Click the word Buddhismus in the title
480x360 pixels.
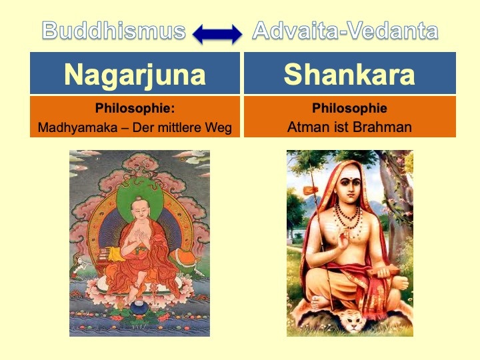coord(113,31)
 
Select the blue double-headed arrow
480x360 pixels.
coord(217,34)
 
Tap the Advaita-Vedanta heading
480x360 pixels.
coord(345,31)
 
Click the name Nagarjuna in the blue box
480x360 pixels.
coord(135,75)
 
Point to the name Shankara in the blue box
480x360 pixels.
coord(349,74)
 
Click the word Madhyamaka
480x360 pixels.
coord(77,127)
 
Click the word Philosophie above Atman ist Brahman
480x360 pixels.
coord(349,108)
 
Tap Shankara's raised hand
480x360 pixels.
coord(343,241)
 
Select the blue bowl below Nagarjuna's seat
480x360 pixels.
coord(139,307)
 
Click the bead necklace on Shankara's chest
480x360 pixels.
coord(348,218)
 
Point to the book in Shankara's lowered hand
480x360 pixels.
coord(383,271)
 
